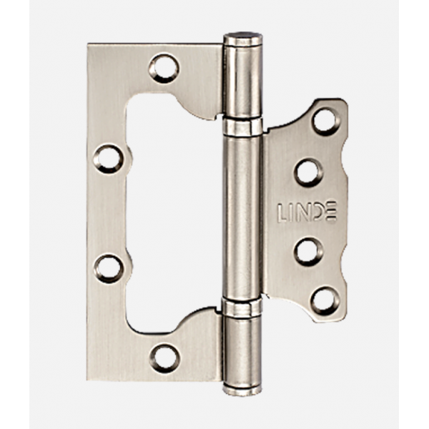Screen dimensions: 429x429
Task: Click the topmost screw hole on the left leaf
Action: coord(164,69)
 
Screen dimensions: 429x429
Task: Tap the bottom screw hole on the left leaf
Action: coord(165,358)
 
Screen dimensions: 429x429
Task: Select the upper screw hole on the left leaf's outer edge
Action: coord(108,159)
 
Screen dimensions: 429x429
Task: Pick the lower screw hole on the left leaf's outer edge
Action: coord(108,268)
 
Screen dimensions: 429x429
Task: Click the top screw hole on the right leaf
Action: coord(326,122)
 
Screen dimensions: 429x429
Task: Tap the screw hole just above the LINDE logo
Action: coord(309,172)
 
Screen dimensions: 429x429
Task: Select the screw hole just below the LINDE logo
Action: coord(308,252)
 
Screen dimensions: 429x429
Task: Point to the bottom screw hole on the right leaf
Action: coord(326,301)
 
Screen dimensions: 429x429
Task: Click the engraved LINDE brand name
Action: coord(307,212)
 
